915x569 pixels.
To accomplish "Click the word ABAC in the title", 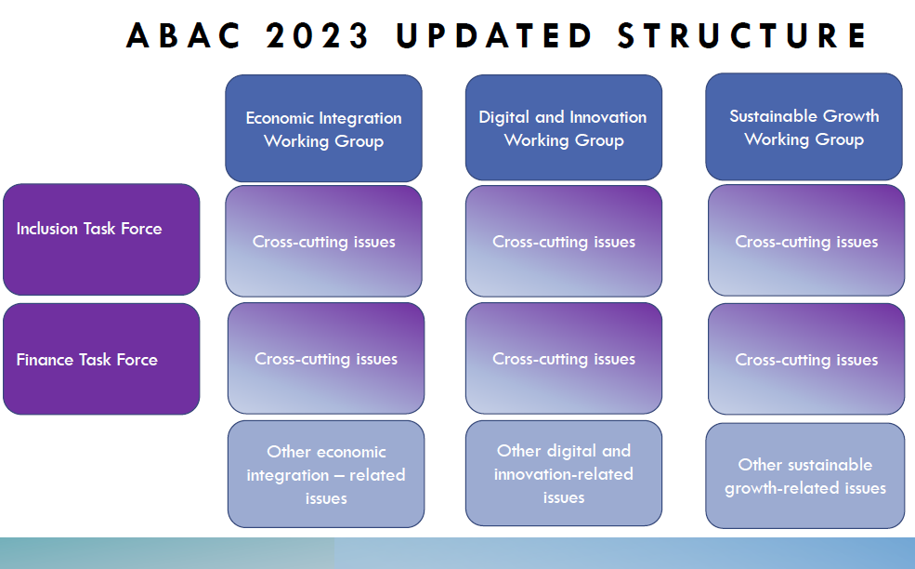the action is [x=183, y=35].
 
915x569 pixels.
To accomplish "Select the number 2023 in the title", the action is [x=317, y=35].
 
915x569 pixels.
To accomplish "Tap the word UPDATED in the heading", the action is [x=493, y=35].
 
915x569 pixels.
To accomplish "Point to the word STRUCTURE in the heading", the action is [x=742, y=35].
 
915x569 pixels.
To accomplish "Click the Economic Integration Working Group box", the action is [x=324, y=128].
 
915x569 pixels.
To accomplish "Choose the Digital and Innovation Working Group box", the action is [x=564, y=127].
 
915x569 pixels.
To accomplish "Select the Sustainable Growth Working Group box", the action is [x=804, y=126].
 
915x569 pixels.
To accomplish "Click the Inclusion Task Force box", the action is [x=101, y=240].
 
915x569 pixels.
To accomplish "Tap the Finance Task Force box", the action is [x=101, y=359].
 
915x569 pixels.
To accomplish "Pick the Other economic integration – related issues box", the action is [x=326, y=474].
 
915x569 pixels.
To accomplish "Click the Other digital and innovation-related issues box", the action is [x=564, y=473].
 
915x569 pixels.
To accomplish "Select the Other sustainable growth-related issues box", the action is [x=805, y=475].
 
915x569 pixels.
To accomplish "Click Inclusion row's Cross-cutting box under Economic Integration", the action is [x=324, y=242].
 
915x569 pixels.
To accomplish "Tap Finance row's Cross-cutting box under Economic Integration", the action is [x=326, y=358].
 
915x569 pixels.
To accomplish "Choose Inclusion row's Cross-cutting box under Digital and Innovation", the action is [x=564, y=242].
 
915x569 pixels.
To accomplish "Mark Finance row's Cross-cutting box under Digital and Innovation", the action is [x=564, y=358].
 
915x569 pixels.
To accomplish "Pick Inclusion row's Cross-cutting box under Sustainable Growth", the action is [x=806, y=241].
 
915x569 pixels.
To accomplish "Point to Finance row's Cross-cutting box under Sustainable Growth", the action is [x=806, y=359].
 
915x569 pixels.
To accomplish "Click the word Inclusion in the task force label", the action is [x=47, y=229].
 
